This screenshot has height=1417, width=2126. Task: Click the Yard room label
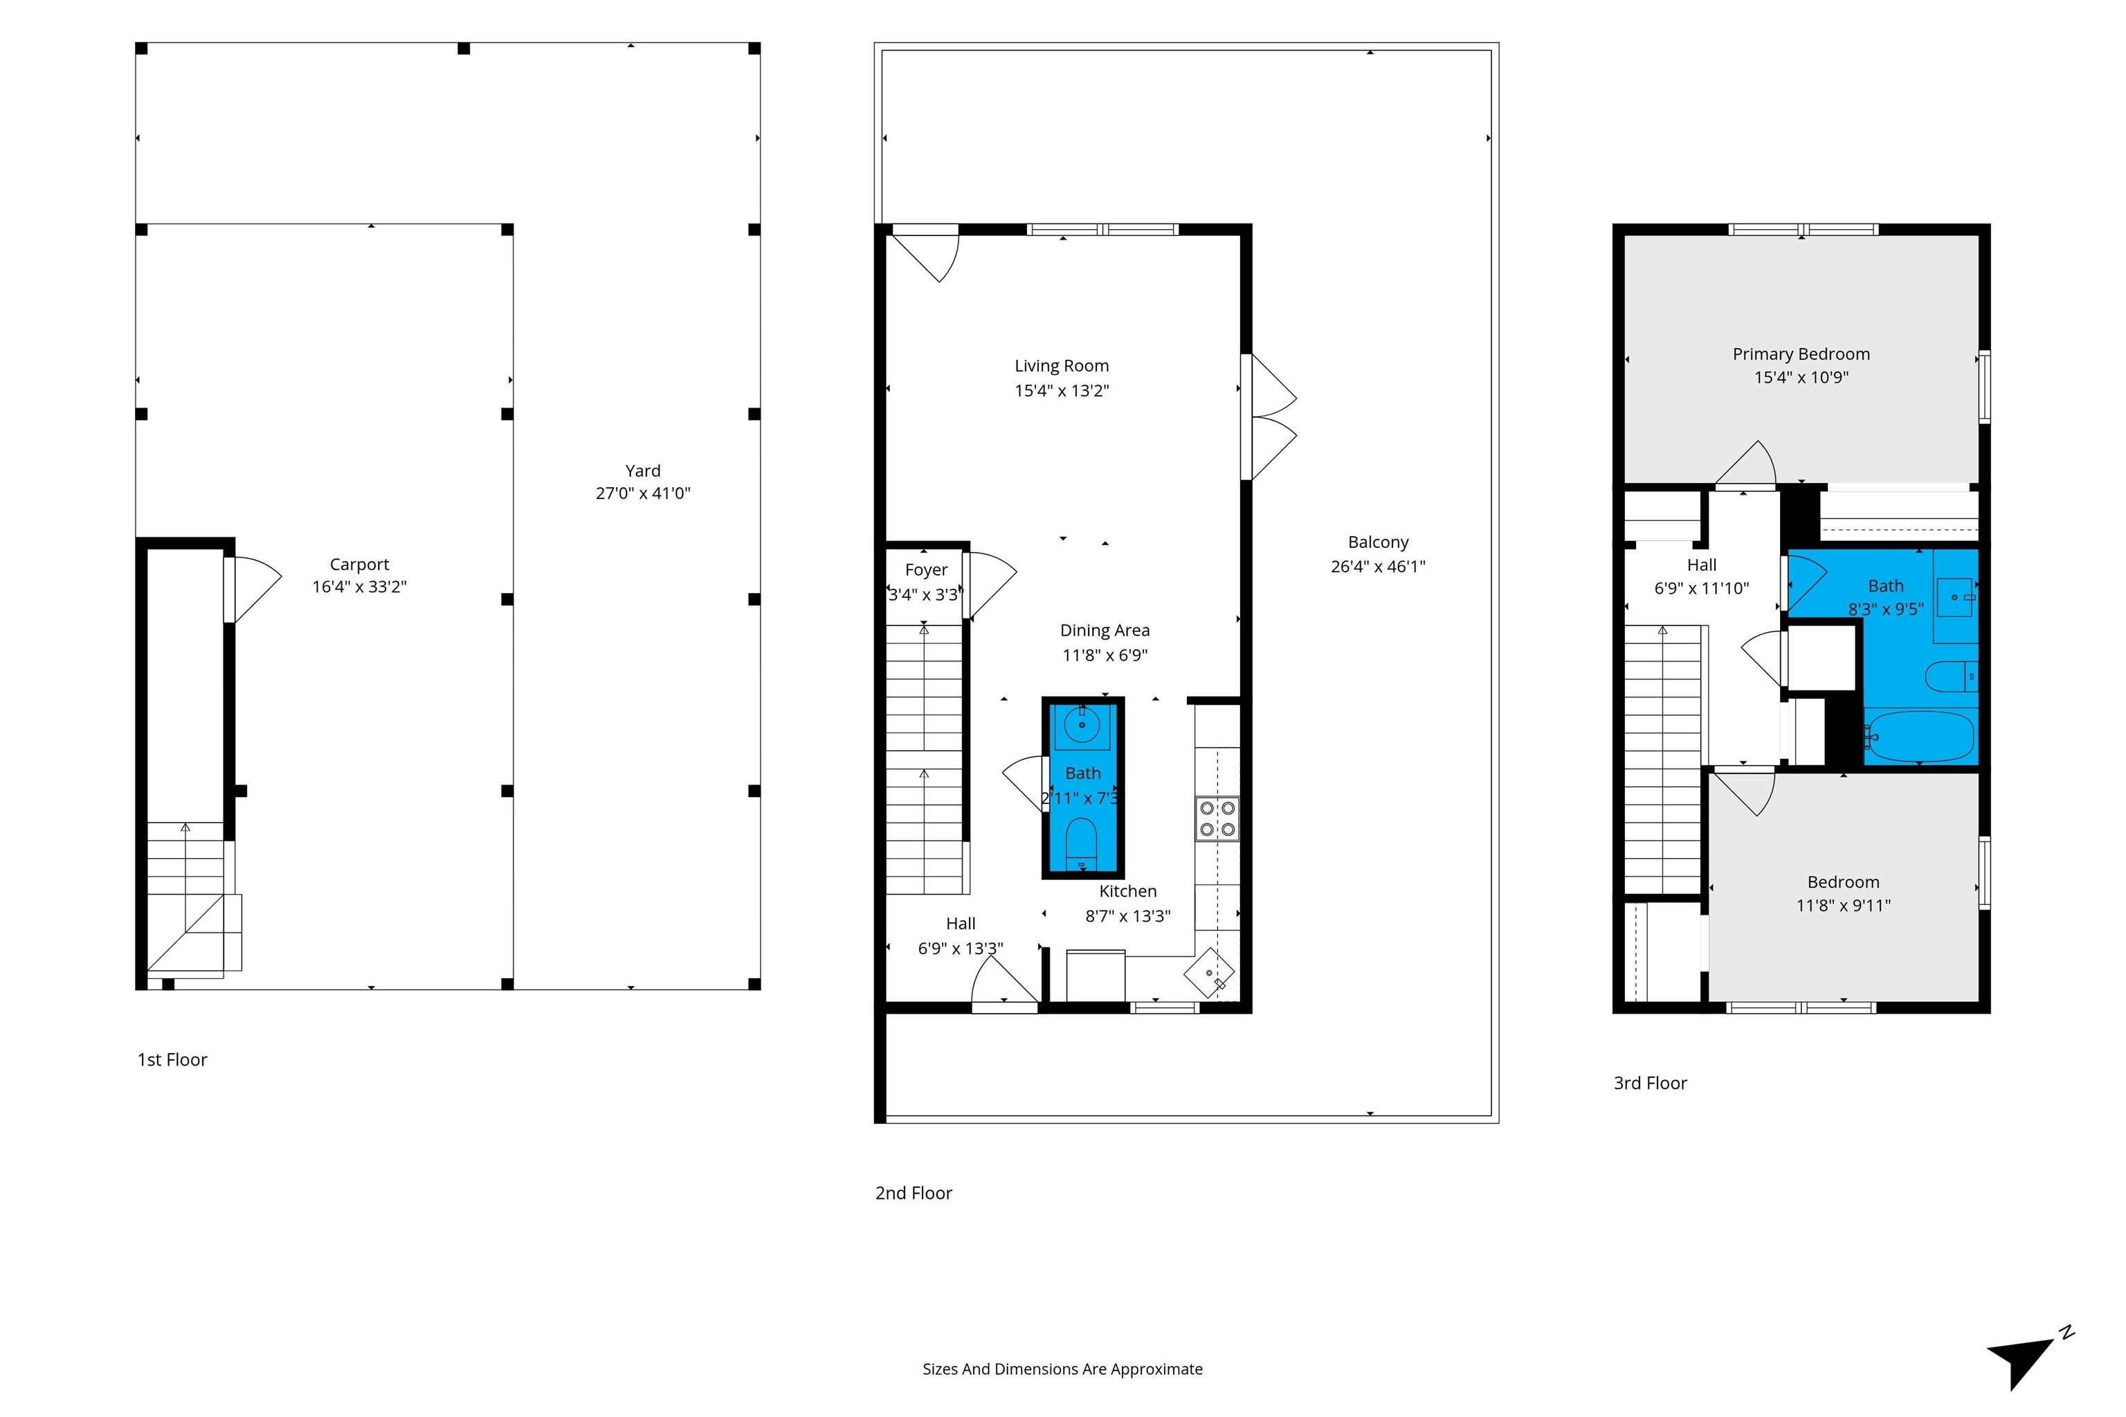coord(643,470)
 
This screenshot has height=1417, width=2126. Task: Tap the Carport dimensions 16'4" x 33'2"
coord(360,587)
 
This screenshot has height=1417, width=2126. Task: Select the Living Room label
coord(1061,366)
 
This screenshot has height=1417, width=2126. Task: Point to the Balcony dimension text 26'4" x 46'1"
coord(1378,567)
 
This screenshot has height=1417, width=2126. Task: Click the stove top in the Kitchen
coord(1217,818)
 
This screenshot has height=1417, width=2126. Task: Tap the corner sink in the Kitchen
coord(1210,972)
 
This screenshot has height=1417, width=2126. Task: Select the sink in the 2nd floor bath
coord(1081,725)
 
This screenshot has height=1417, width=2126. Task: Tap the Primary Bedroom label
coord(1801,354)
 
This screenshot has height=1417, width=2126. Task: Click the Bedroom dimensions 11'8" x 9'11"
coord(1843,906)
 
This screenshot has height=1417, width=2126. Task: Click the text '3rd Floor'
coord(1650,1083)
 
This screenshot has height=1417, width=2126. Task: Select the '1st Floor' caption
coord(172,1059)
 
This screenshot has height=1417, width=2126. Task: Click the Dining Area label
coord(1105,631)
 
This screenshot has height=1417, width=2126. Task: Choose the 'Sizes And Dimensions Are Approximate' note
coord(1062,1369)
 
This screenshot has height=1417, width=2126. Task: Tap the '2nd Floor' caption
coord(913,1193)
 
